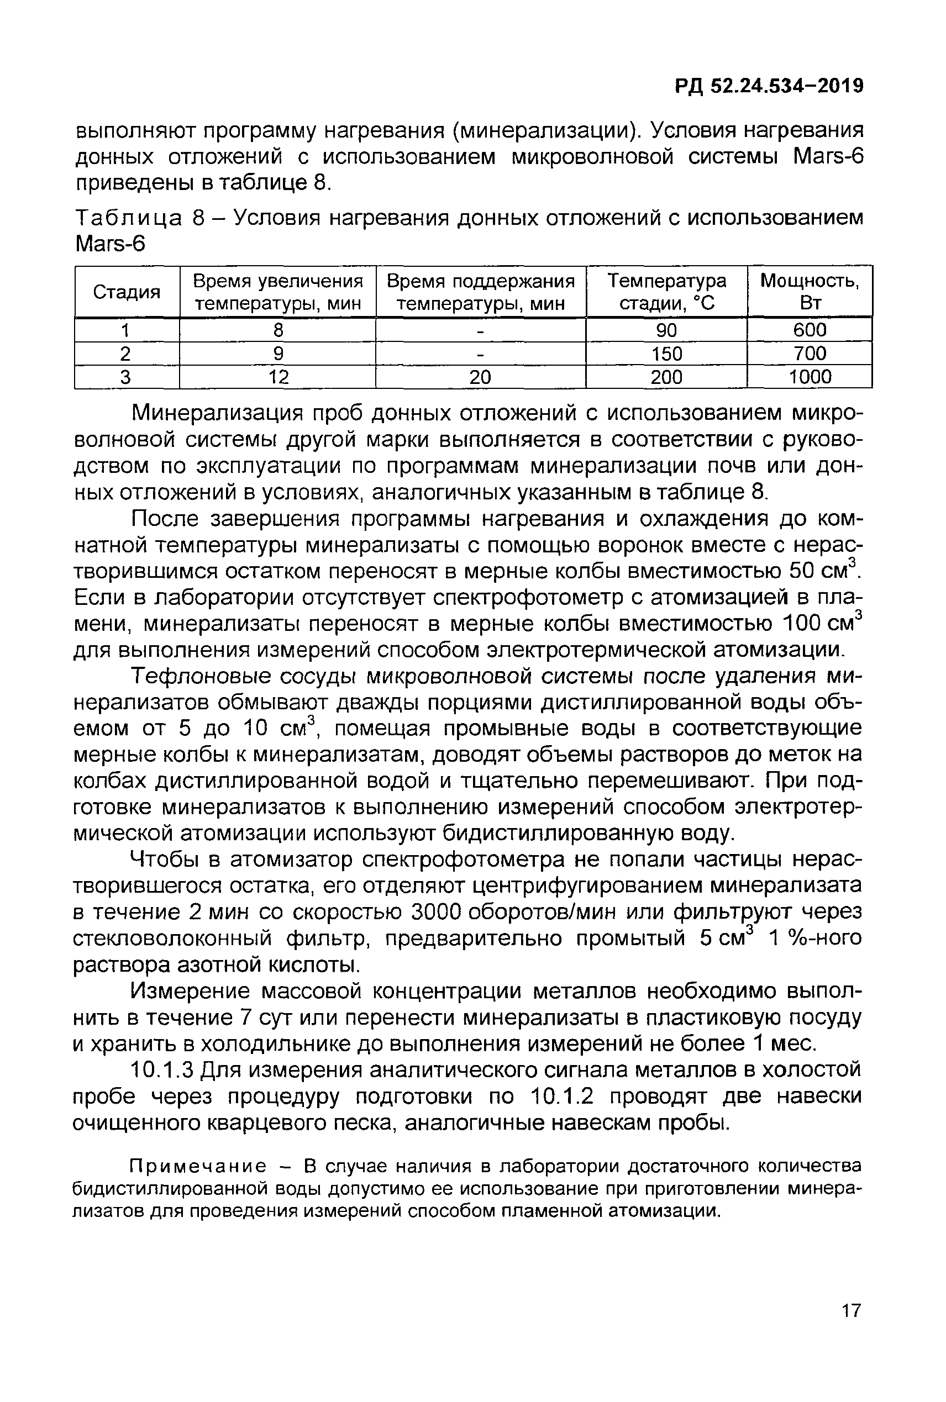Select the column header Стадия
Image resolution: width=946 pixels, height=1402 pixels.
coord(127,292)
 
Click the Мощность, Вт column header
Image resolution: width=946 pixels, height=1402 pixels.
coord(810,292)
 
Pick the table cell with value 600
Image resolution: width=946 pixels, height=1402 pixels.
coord(810,330)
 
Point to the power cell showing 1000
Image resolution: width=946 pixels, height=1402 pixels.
coord(810,377)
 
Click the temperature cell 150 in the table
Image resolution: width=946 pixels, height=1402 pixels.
coord(666,354)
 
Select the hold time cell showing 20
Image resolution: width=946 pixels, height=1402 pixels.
coord(480,377)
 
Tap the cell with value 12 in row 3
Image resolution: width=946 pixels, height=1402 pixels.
coord(278,377)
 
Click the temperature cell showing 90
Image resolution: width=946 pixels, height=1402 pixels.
coord(666,330)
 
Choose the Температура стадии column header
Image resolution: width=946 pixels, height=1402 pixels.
coord(666,292)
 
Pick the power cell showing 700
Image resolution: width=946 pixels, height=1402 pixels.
coord(810,354)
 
